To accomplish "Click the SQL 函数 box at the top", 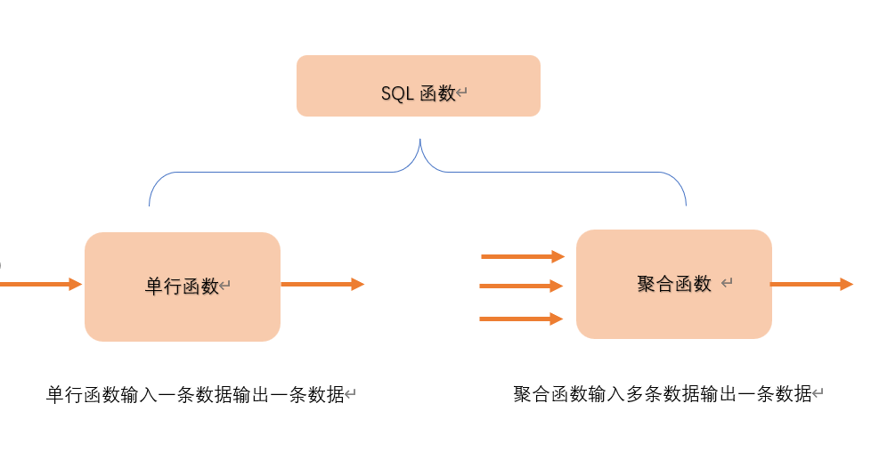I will (418, 85).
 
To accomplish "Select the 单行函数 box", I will (182, 286).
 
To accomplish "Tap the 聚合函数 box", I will (673, 284).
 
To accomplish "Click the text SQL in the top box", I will (397, 93).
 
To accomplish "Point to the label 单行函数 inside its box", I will (182, 286).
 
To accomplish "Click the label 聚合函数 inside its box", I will (674, 284).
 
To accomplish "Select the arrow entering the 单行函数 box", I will (40, 285).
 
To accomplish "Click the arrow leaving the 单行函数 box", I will (322, 285).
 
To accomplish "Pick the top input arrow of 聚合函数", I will (522, 257).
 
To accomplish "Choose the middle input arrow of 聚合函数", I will (521, 286).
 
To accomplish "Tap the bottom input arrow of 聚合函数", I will (521, 319).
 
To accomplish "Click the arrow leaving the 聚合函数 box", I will (811, 285).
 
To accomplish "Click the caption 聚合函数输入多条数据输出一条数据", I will (663, 394).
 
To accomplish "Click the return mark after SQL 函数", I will (462, 93).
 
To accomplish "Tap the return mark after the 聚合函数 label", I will (727, 284).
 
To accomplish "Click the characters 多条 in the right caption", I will (644, 394).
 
